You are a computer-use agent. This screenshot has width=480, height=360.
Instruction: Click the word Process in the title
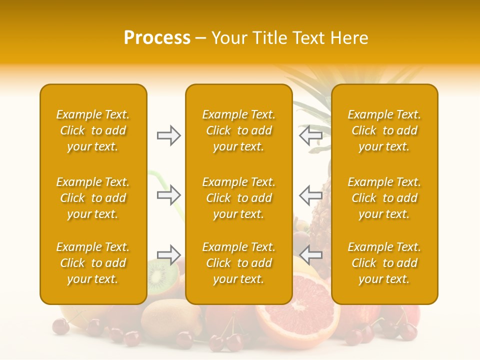tap(157, 38)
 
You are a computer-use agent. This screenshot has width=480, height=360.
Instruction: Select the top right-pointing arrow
tap(168, 135)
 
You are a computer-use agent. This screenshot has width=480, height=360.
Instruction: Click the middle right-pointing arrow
tap(168, 194)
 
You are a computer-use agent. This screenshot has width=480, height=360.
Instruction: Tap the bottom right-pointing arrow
tap(168, 255)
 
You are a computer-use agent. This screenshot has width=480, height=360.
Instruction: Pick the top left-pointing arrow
tap(310, 135)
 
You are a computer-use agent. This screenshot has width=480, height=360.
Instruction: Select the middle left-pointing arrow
tap(310, 194)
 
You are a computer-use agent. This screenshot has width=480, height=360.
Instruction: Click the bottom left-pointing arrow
tap(310, 255)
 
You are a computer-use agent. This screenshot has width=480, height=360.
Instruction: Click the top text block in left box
tap(93, 130)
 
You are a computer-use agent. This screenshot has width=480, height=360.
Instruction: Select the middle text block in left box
tap(93, 198)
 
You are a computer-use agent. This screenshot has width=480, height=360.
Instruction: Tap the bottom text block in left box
tap(93, 263)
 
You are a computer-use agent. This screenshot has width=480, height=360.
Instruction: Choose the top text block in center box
tap(238, 130)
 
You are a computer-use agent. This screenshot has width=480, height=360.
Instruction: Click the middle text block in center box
tap(238, 198)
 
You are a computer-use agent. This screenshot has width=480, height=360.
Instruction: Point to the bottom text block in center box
tap(238, 263)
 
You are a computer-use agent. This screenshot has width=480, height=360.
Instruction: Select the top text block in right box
tap(384, 130)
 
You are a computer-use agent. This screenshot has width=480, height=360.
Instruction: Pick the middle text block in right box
tap(384, 198)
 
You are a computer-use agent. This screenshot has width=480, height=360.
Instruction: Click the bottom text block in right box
tap(384, 263)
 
